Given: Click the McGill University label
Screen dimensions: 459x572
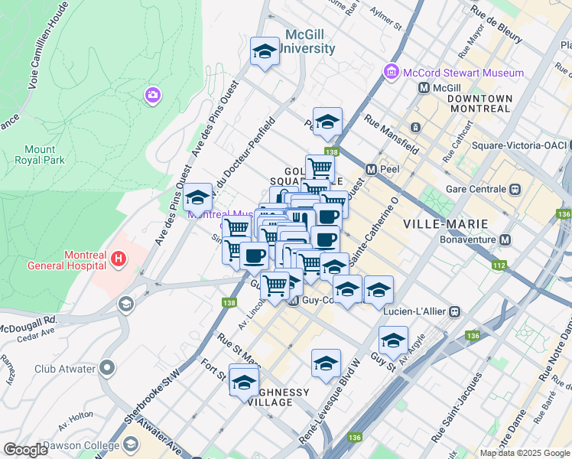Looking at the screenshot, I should coord(310,41).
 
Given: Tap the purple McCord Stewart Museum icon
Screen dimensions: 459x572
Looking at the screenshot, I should coord(392,73).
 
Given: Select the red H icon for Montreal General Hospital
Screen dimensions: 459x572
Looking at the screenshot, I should coord(118,259).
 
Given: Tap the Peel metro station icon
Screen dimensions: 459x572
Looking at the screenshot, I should coord(371,169).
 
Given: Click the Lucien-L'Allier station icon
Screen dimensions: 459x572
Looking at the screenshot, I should coord(455,311).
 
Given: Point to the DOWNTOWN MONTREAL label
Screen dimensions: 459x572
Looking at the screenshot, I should coord(479,103).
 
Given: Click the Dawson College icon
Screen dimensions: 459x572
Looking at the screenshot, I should coord(132,444).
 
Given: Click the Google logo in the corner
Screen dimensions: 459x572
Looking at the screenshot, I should coord(25,450).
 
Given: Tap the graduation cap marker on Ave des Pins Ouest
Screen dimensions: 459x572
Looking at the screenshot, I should coord(197,197).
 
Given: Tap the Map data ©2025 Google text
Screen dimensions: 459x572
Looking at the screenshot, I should coord(524,453).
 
